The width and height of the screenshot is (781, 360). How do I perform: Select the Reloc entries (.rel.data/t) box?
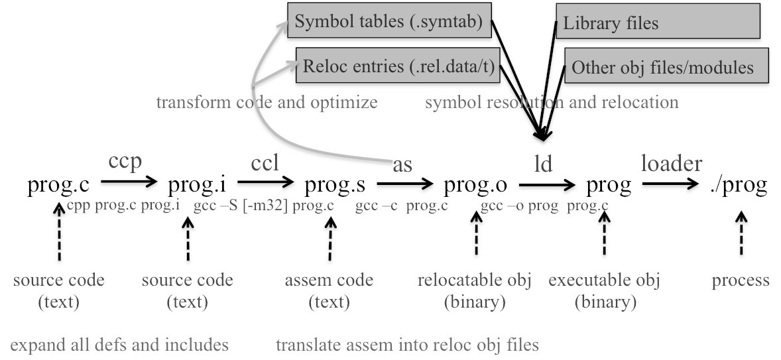398,67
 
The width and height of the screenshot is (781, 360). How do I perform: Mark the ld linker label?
543,164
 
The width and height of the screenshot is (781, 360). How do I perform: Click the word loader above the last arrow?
671,162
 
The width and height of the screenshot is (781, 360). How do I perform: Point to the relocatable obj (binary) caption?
475,290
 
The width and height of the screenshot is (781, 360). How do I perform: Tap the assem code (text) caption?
329,290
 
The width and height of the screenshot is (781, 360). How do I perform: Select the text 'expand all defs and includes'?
119,345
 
